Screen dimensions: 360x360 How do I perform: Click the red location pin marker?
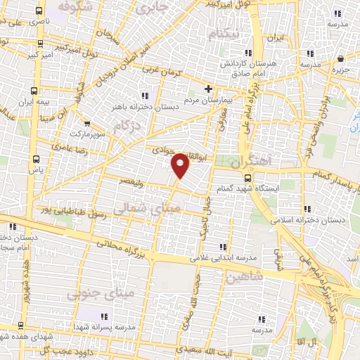181,165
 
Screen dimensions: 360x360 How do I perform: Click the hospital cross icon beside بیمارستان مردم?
208,89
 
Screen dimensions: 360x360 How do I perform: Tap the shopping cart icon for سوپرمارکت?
86,124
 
